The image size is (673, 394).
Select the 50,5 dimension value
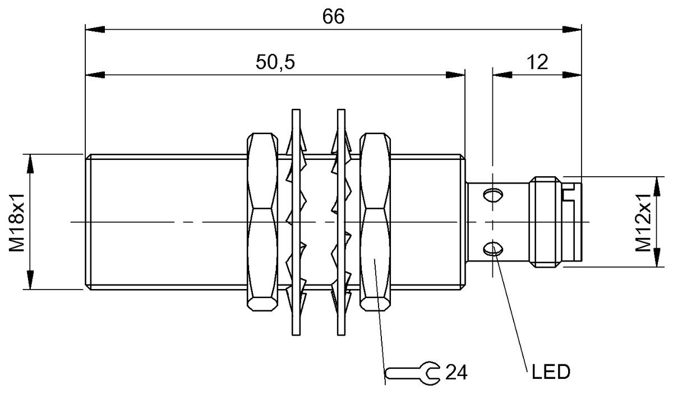(275, 62)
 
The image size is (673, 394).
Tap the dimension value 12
(537, 62)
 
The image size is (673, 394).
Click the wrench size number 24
(456, 372)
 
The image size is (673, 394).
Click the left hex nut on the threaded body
(262, 222)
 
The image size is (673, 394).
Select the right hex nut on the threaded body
(375, 222)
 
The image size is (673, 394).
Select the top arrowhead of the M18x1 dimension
(28, 161)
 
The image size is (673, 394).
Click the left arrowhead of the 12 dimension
(500, 74)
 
